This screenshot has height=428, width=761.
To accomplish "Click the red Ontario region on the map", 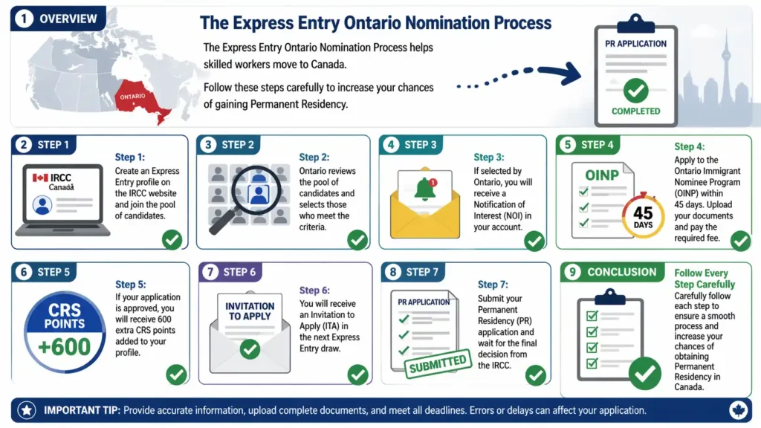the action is [140, 99].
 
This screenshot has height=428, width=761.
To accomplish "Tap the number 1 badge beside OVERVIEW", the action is [24, 19].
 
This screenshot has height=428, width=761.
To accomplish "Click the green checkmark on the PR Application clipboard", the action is [635, 90].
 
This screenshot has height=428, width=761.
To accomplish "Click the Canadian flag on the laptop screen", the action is [40, 178].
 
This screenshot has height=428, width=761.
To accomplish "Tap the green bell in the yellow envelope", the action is [424, 189].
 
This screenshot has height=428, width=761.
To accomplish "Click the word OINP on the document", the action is [602, 175].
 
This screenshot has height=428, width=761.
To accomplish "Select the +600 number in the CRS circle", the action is [64, 346].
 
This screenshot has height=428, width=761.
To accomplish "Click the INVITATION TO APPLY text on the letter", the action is [250, 311].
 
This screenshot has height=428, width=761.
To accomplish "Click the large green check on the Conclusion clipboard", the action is [645, 373].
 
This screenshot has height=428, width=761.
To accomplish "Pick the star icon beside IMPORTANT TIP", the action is [27, 410].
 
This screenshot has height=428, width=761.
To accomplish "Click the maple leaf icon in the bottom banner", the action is [738, 410].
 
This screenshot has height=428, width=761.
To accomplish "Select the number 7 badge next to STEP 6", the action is [210, 272].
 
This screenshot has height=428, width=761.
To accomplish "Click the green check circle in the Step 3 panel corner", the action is [534, 241].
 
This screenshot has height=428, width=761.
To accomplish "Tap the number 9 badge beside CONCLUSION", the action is [572, 272].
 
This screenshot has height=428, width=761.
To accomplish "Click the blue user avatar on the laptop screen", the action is [42, 205].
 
